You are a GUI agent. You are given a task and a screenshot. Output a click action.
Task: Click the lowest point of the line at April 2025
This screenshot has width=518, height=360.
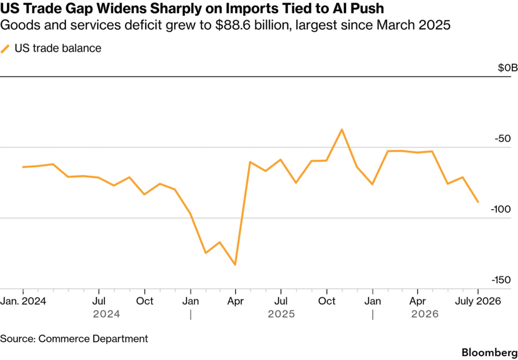coord(235,265)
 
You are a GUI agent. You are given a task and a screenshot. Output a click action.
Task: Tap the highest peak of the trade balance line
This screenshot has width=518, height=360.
coord(342,129)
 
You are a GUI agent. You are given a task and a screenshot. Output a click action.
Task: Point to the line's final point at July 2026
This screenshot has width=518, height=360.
coord(478,202)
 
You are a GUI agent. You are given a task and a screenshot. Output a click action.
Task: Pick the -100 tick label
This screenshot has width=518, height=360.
coord(501,210)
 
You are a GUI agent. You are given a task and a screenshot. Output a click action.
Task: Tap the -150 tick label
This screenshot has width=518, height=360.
coord(501,281)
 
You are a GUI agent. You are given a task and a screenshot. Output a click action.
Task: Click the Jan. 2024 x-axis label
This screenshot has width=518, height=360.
coord(24,301)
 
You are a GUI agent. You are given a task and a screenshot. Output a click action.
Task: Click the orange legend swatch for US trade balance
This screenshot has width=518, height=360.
coord(5,49)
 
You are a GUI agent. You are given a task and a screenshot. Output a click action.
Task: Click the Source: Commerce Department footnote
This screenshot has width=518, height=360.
coord(74,339)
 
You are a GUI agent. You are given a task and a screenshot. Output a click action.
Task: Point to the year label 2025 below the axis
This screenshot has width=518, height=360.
coord(281,314)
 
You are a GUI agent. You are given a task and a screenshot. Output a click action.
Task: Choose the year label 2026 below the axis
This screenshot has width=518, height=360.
coord(425,314)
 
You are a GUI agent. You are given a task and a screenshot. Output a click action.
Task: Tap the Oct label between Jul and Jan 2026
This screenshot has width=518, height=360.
coord(326,301)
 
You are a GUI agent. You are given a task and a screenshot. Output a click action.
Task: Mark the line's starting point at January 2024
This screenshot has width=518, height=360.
coord(23,167)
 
